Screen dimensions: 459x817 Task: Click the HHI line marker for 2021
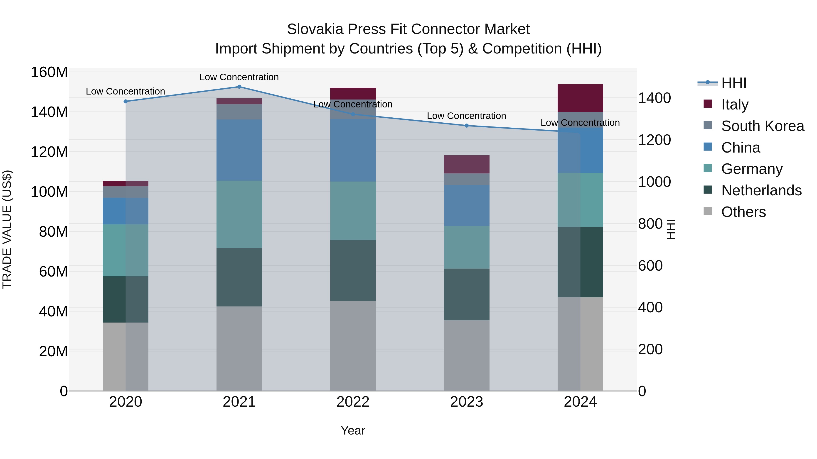pos(239,87)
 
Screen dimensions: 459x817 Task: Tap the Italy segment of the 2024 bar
pos(580,98)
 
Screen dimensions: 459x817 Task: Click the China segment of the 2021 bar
pos(239,150)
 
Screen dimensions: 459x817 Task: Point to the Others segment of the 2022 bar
pos(353,346)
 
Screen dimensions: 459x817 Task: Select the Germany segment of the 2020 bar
pos(126,250)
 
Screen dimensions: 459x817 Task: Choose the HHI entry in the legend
pos(733,83)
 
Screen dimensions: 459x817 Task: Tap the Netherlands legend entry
pos(761,190)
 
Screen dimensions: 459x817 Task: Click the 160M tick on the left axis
pos(49,72)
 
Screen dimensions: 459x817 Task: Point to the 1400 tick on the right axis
pos(654,98)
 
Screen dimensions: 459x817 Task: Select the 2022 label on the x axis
pos(353,402)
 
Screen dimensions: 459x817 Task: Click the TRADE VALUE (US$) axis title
pos(7,229)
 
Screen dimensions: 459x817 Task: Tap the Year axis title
pos(353,430)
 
